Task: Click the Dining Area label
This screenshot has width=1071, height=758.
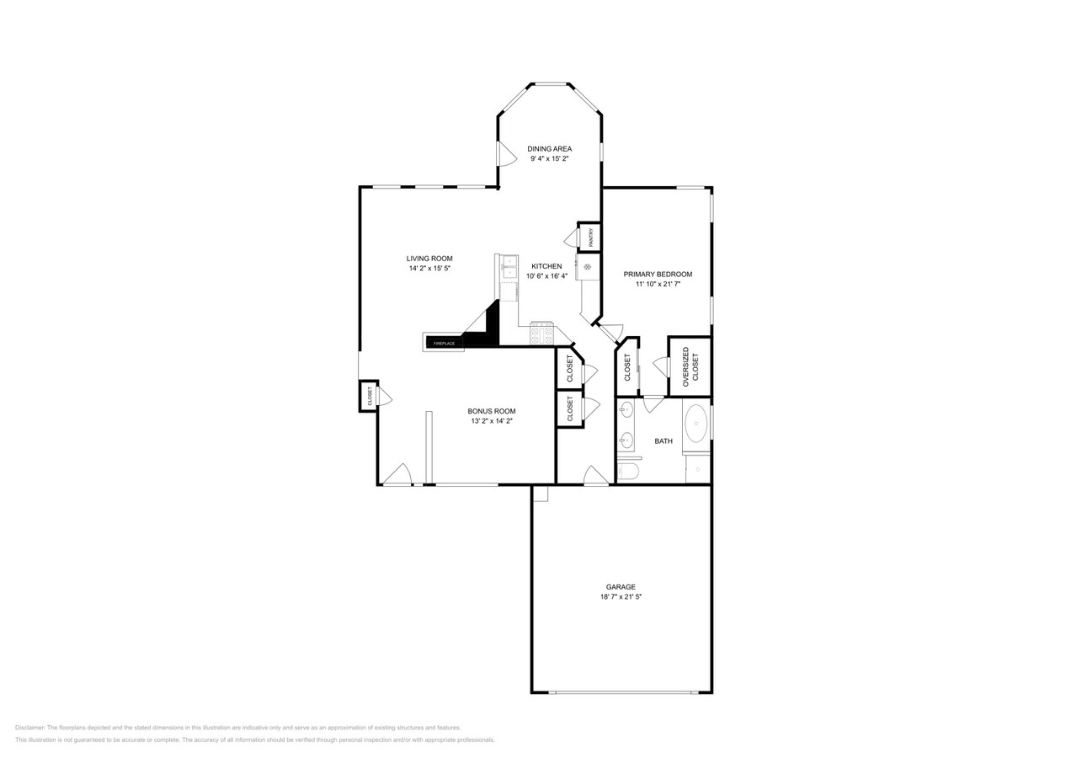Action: (549, 149)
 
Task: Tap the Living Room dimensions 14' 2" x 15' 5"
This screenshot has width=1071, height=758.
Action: (429, 269)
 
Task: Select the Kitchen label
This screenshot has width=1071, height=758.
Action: (546, 266)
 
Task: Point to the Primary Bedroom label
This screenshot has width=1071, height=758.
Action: (658, 275)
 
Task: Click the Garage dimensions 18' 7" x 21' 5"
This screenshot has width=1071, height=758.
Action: (621, 597)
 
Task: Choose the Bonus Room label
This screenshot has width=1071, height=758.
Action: (492, 411)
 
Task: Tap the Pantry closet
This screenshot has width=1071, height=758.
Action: (589, 237)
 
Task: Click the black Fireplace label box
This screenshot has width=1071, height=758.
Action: (444, 344)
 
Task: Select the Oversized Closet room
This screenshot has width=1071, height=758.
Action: (690, 367)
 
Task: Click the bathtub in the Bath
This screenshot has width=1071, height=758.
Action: (696, 424)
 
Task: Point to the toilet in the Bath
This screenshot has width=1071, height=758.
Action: (628, 471)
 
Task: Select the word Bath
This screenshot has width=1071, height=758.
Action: (663, 441)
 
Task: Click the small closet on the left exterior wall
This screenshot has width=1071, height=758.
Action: (369, 397)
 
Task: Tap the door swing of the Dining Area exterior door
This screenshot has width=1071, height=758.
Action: (506, 153)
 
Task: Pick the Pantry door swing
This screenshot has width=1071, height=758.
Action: (571, 238)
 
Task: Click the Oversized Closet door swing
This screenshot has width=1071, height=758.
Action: (660, 367)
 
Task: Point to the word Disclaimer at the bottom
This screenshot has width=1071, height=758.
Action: (29, 728)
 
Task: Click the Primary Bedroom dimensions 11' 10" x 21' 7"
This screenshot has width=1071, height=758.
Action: (658, 284)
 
